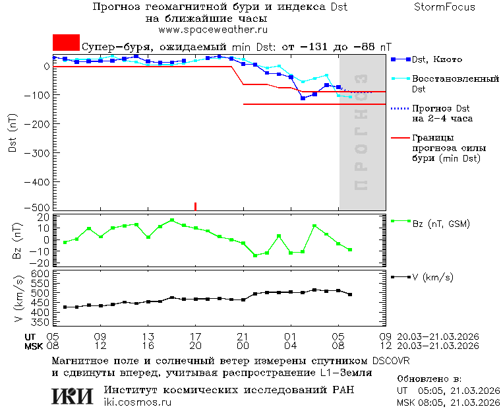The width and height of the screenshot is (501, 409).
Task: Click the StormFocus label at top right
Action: [444, 7]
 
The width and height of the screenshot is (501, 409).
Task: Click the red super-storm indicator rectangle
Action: [66, 43]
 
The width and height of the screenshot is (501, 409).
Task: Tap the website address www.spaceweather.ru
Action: [212, 30]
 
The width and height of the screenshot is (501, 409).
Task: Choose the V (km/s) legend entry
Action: [432, 277]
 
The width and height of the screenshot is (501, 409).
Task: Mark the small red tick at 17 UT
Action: [195, 206]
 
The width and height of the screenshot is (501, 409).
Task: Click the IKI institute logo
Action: [73, 395]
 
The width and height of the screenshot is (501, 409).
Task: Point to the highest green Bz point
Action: [172, 220]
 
